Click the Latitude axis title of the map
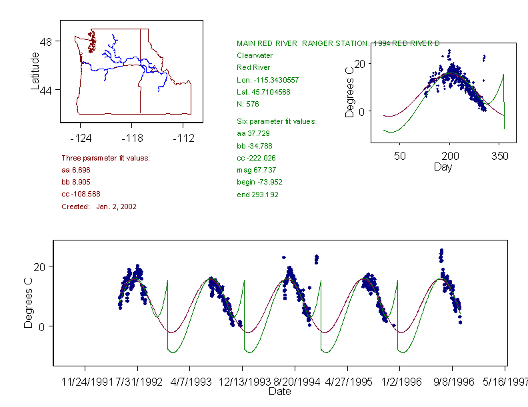[x=36, y=71]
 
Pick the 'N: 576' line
[x=248, y=104]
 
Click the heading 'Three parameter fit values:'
[x=105, y=158]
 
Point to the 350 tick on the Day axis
[x=500, y=156]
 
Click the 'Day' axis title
[x=443, y=167]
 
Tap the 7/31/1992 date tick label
[x=138, y=382]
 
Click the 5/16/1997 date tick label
[x=505, y=382]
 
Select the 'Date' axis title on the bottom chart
[x=279, y=392]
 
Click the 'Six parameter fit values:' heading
[x=276, y=121]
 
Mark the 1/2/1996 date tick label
[x=400, y=382]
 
